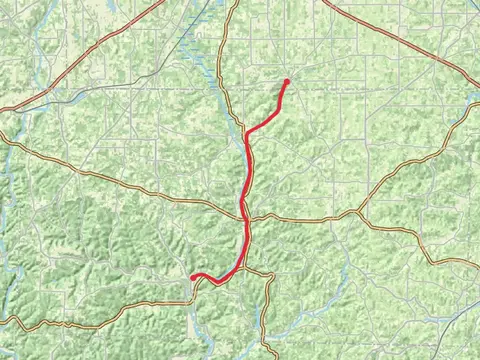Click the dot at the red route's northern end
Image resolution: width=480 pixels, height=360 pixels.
click(286, 81)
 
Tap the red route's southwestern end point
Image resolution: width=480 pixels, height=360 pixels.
click(193, 277)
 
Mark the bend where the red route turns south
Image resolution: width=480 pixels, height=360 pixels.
click(247, 133)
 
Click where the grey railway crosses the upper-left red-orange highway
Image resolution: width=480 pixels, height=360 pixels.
click(43, 94)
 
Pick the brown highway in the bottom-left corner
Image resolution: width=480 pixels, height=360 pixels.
click(60, 326)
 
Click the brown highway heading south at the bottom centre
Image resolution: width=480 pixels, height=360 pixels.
click(268, 320)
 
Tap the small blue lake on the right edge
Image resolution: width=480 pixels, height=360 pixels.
click(472, 100)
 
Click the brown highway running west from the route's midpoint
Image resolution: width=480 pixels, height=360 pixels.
click(150, 190)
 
